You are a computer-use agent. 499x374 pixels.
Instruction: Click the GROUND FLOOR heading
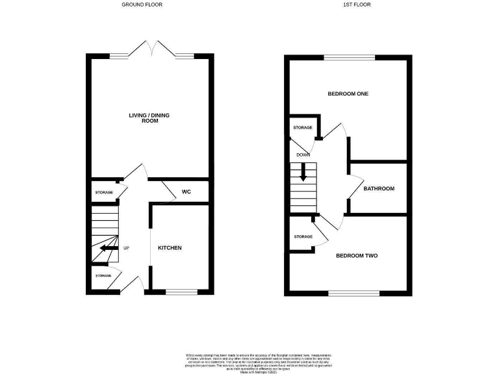point(142,5)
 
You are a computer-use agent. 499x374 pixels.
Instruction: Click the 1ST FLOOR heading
point(348,5)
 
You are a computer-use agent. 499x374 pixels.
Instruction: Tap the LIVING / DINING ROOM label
point(150,118)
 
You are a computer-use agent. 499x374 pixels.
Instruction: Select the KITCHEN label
point(170,248)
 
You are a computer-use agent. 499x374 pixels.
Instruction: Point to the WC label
point(186,192)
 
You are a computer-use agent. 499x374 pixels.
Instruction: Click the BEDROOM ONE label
point(348,94)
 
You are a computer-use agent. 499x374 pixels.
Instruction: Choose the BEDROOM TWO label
point(356,256)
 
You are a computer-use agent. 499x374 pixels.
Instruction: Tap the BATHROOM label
point(379,189)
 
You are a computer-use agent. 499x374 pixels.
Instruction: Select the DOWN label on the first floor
point(303,155)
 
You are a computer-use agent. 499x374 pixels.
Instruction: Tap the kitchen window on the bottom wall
point(180,292)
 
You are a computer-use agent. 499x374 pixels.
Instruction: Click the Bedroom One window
point(350,57)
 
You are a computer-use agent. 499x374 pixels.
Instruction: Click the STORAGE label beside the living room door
point(105,193)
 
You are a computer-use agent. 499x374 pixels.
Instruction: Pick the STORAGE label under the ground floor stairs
point(103,276)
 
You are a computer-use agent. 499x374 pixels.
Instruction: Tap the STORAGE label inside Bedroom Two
point(303,236)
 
